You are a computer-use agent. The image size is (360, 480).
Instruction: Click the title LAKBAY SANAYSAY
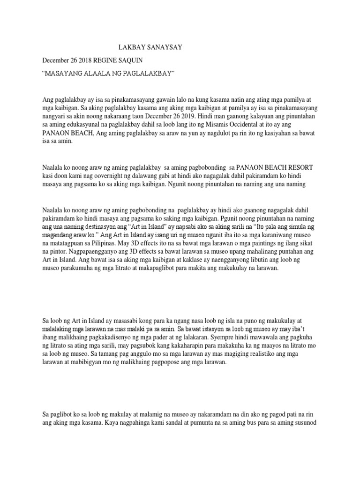tap(149, 47)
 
